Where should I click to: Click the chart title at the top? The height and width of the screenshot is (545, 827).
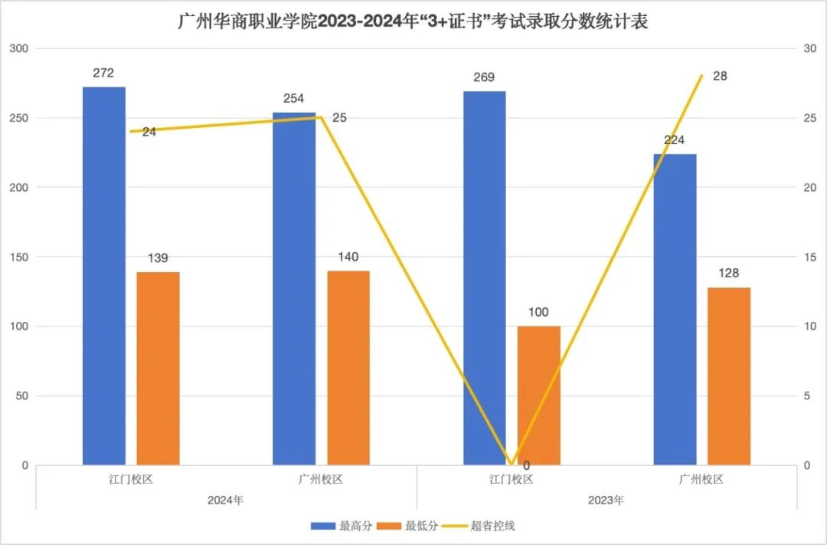tap(413, 21)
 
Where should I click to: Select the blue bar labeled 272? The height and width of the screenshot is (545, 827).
tap(104, 276)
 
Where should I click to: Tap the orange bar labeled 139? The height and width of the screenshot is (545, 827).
tap(159, 368)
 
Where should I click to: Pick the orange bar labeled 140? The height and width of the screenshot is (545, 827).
tap(348, 368)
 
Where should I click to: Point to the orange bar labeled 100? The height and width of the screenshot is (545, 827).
tap(539, 396)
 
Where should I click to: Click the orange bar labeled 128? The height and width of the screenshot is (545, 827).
tap(729, 376)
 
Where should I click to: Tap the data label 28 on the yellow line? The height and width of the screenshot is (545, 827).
tap(720, 76)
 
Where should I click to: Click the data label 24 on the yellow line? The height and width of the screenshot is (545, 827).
tap(149, 132)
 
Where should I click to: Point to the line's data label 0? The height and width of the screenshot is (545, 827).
tap(526, 465)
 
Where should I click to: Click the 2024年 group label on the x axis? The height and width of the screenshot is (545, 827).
tap(226, 501)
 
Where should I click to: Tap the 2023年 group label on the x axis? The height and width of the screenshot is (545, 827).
tap(606, 501)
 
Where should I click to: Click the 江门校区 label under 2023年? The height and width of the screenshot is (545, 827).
tap(511, 480)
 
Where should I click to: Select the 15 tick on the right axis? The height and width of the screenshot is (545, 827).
tap(809, 258)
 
